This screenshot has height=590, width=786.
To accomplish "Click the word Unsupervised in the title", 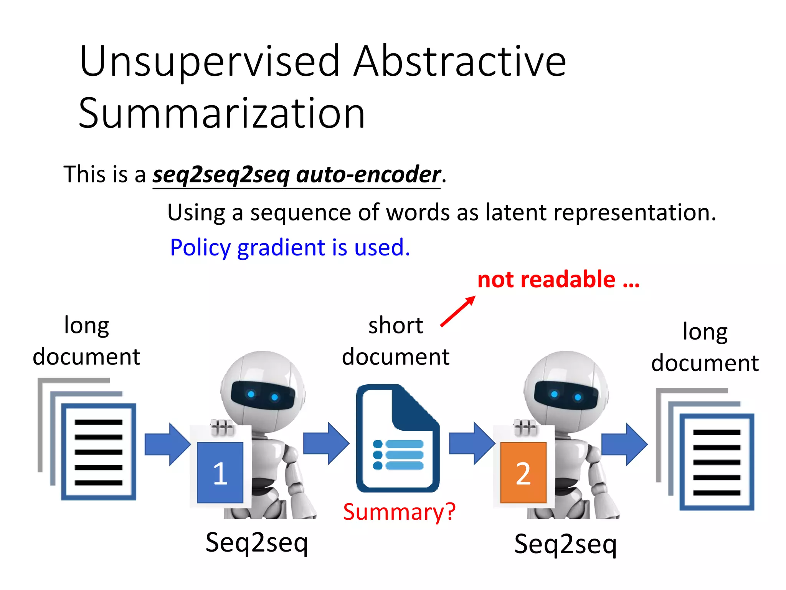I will (x=210, y=61).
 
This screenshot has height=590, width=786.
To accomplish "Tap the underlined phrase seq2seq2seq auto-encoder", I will (x=296, y=175).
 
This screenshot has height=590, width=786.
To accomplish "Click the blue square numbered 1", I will (x=220, y=472).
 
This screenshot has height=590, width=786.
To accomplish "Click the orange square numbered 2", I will (x=523, y=472).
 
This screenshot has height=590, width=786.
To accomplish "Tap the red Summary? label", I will (x=399, y=512).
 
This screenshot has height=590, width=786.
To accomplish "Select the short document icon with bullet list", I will (x=398, y=438).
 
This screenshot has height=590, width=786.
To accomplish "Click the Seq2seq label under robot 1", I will (x=257, y=542).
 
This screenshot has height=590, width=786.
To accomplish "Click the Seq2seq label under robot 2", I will (x=565, y=544).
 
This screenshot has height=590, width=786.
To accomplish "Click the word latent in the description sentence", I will (x=515, y=212).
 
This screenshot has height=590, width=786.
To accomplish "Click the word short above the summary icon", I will (x=396, y=326).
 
